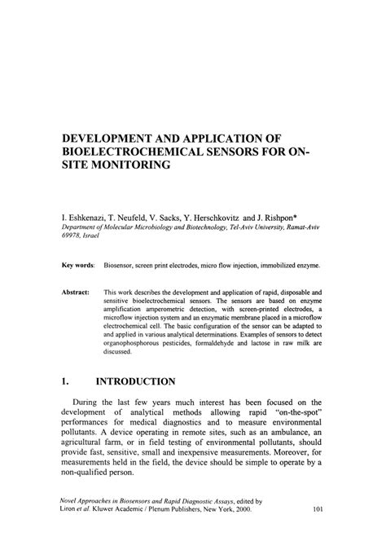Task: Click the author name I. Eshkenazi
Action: coord(85,220)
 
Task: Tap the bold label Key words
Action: coord(79,266)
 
